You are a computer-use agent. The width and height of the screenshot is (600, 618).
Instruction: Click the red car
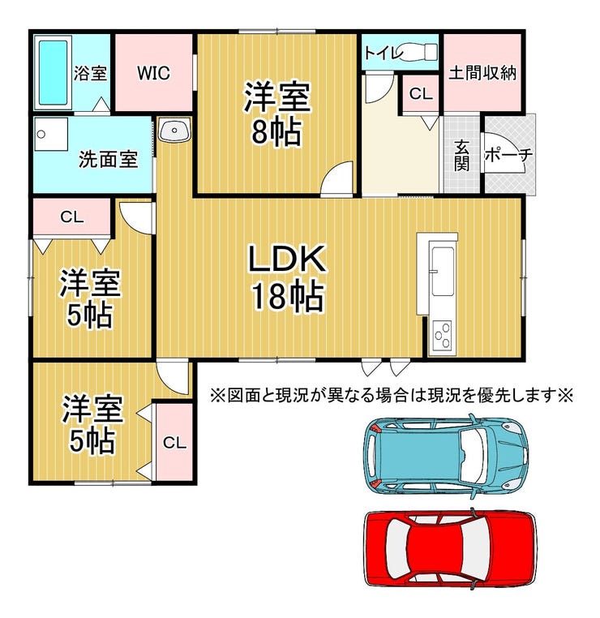click(x=449, y=548)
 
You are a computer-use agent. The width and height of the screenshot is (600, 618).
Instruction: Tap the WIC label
click(x=152, y=73)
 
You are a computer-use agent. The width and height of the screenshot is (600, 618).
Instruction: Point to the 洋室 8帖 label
click(x=276, y=114)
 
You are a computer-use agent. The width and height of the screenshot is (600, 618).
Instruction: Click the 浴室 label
click(x=90, y=73)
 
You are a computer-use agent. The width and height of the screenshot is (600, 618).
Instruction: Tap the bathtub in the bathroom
click(x=54, y=71)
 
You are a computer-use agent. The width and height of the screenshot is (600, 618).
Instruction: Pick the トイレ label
click(x=380, y=53)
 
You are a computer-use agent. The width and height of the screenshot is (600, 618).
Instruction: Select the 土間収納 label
click(x=483, y=73)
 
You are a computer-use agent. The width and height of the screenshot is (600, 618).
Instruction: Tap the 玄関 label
click(x=461, y=153)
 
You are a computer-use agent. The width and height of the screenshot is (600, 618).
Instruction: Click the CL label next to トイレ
click(x=420, y=94)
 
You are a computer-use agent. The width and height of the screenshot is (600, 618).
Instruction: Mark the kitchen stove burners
click(x=443, y=334)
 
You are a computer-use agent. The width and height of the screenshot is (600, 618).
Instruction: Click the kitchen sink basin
click(x=443, y=273)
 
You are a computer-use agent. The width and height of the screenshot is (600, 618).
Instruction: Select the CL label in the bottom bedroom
click(x=174, y=443)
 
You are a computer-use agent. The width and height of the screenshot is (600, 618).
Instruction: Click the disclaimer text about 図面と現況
click(x=392, y=396)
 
